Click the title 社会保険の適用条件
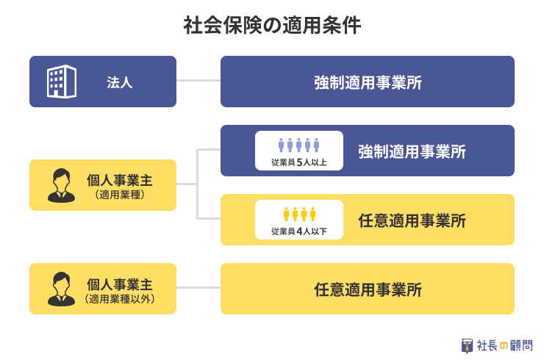tap(272, 25)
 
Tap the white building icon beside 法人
tap(62, 82)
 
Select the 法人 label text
tap(120, 82)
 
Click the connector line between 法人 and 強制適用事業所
tap(198, 81)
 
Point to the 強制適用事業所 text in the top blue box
tap(368, 82)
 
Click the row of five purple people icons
tap(298, 145)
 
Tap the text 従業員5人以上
tap(299, 162)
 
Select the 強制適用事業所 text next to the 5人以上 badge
tap(412, 151)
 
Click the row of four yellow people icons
tap(299, 214)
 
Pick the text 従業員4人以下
tap(299, 231)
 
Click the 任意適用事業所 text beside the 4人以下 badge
tap(412, 220)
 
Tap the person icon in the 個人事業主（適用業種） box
tap(62, 185)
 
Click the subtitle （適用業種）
tap(120, 195)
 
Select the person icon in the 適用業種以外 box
tap(62, 289)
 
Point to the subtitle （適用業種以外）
tap(120, 298)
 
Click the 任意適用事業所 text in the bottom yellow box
tap(368, 289)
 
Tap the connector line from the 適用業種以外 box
tap(198, 287)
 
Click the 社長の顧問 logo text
tap(505, 345)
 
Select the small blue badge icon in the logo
tap(467, 346)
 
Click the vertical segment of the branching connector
tap(198, 184)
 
